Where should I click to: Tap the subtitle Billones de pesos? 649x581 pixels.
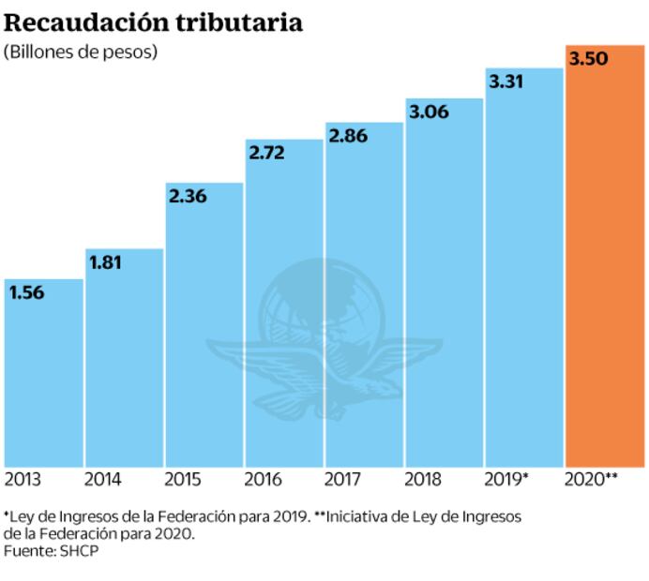coord(81,52)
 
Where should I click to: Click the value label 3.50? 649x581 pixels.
coord(588,60)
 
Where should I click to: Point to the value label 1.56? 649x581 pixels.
coord(27,292)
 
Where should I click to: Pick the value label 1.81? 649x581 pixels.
coord(107,262)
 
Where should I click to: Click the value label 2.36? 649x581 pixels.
coord(188,197)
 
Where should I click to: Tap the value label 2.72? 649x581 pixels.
coord(267,152)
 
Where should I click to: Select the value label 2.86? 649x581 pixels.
coord(348,136)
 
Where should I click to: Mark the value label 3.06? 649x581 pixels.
coord(428,112)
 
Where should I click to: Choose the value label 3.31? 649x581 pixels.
coord(507,82)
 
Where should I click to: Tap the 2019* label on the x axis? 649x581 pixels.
coord(506,481)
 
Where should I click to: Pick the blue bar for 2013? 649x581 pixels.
coord(43,384)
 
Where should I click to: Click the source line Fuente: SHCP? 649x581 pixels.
coord(52,551)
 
